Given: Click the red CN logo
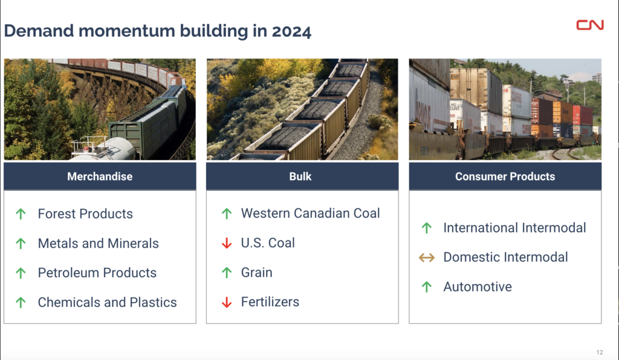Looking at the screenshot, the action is click(x=590, y=25).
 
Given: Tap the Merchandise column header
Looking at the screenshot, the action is click(x=100, y=176).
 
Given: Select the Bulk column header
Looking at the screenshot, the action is click(x=302, y=176).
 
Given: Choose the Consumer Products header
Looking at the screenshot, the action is click(x=505, y=176).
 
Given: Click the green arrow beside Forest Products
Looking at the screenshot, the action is click(x=21, y=214).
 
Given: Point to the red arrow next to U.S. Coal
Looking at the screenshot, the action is click(x=227, y=243).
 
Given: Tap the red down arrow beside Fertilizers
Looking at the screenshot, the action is click(x=227, y=302).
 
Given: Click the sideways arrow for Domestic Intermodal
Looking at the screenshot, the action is click(x=426, y=257).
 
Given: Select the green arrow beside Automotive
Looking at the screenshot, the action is click(x=426, y=287).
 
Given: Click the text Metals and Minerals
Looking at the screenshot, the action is click(x=99, y=243).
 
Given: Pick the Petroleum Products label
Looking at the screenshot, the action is click(x=97, y=273).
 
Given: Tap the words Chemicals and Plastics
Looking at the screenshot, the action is click(x=108, y=303).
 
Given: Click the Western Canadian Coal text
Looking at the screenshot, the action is click(x=310, y=213).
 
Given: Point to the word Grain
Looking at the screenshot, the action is click(x=256, y=272).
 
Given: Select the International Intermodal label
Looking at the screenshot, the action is click(x=514, y=228).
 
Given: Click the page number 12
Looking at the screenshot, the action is click(x=600, y=353).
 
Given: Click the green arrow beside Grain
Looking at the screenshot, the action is click(x=227, y=272).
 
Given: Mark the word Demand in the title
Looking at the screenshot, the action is click(x=39, y=31).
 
